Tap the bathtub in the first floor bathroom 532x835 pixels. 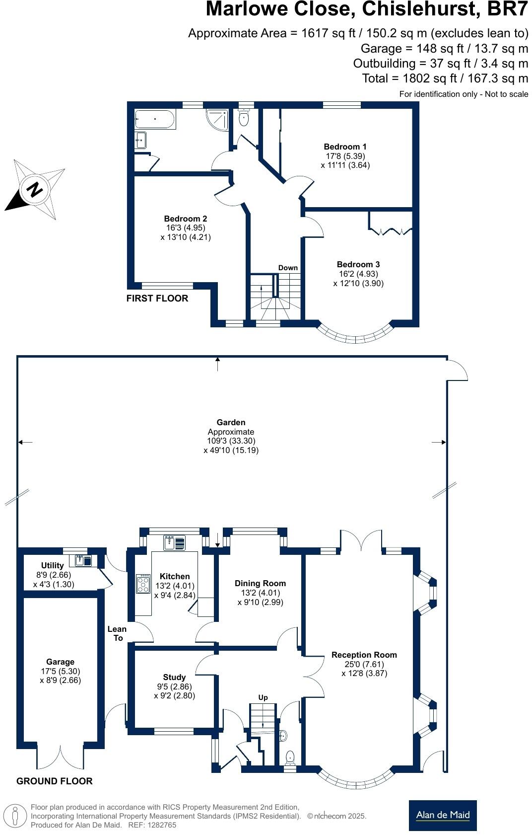[x=155, y=120]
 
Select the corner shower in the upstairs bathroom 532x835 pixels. [x=219, y=119]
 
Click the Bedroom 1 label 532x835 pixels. [x=345, y=147]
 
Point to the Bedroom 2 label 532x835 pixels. [x=186, y=219]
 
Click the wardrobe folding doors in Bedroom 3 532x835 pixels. [x=391, y=230]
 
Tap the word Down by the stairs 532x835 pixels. [x=288, y=268]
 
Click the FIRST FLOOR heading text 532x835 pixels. [x=157, y=298]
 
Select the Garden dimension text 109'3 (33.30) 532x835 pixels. [x=231, y=441]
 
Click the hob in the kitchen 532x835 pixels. [x=143, y=584]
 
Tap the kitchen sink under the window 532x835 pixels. [x=174, y=542]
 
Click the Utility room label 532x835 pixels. [x=52, y=565]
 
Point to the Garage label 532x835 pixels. [x=60, y=662]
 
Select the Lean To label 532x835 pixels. [x=117, y=633]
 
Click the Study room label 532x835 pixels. [x=174, y=677]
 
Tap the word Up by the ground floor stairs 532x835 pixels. [x=263, y=697]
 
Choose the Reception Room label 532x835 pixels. [x=364, y=655]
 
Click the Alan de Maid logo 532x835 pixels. [x=443, y=815]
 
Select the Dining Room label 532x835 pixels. [x=261, y=583]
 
